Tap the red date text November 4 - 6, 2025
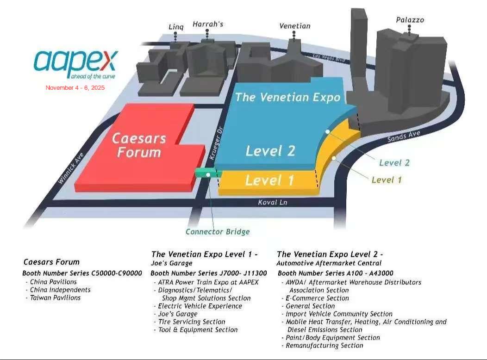coord(75,88)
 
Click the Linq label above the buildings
coord(176,27)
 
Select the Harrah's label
coord(208,24)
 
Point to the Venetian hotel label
coord(294,26)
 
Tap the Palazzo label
coord(410,20)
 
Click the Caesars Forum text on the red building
coord(139,145)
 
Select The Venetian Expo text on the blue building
coord(287,97)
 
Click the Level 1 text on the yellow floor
coord(269,180)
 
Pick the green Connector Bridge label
coord(218,232)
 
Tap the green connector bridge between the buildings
coord(208,174)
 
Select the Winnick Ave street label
coord(69,169)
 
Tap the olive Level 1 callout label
coord(387,180)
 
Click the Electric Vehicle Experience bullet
coord(200,306)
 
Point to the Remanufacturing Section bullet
coord(325,345)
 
